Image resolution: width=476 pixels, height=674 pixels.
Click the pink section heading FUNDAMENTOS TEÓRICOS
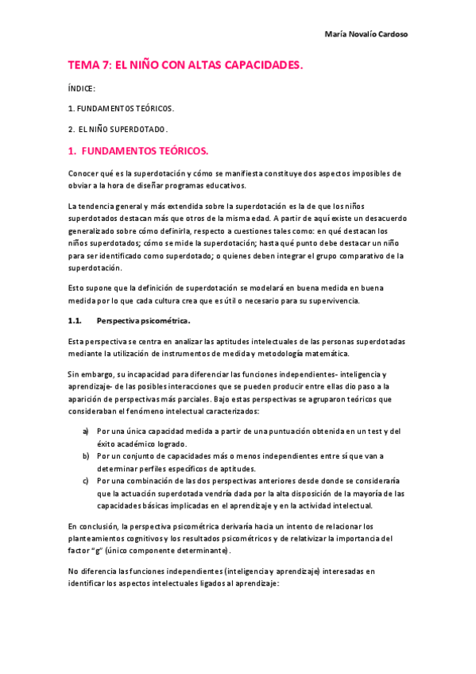[145, 150]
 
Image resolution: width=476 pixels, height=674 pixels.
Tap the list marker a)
[85, 431]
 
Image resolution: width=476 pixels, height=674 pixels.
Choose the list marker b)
[85, 456]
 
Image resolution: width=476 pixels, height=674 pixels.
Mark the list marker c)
[85, 481]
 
